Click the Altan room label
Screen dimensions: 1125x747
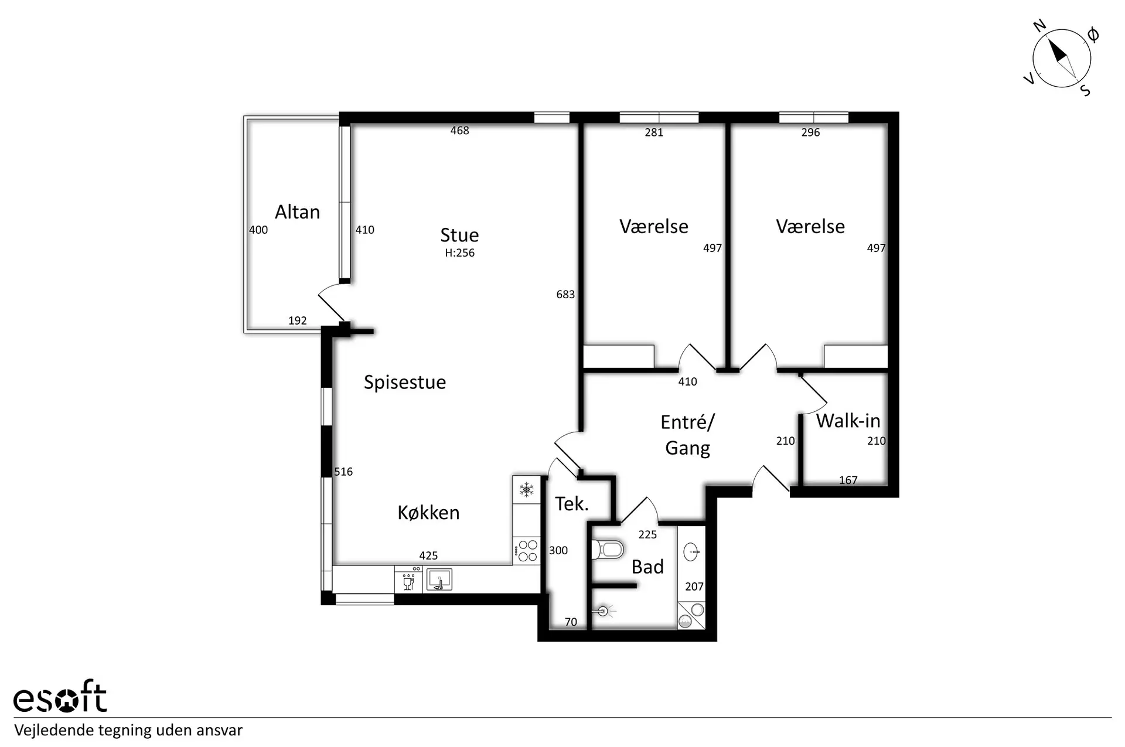(297, 212)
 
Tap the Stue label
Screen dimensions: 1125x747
(459, 235)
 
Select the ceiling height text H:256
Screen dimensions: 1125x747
(459, 253)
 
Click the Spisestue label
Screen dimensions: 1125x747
(405, 383)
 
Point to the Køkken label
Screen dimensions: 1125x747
(428, 513)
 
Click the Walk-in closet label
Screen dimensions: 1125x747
(848, 421)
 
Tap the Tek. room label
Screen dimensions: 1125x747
(571, 503)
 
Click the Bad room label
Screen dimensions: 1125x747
(647, 567)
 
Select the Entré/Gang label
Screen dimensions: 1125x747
(687, 435)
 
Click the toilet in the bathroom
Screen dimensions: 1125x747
(608, 550)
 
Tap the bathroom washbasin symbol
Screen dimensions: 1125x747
(691, 551)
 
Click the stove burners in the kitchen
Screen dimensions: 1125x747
(526, 551)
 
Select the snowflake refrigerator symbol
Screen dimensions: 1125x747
(526, 490)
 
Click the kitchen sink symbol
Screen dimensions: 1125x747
(439, 579)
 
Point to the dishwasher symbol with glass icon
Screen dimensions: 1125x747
(408, 579)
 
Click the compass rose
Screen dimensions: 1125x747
(1061, 59)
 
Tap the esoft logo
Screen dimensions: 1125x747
(60, 697)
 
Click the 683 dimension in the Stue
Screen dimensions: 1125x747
(565, 294)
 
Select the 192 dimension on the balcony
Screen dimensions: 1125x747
(298, 320)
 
